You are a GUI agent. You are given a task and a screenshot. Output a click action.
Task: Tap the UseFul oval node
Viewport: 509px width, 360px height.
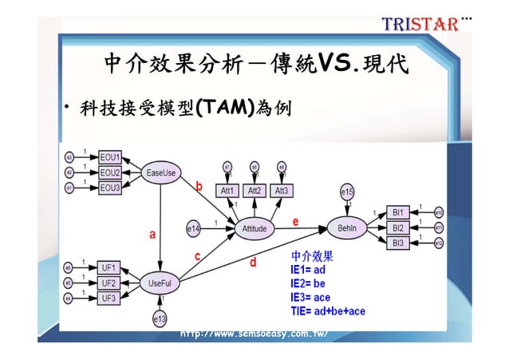tap(160, 283)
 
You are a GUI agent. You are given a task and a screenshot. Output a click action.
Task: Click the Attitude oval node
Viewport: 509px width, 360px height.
tap(254, 228)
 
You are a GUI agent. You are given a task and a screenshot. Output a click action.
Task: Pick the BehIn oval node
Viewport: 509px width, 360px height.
tap(347, 228)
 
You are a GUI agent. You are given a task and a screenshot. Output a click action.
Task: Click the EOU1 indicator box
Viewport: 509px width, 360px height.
tap(109, 157)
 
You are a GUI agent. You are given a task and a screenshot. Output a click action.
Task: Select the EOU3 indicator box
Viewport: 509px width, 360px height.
tap(109, 188)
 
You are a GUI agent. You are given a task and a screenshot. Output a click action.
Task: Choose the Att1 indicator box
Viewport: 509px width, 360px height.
tap(228, 191)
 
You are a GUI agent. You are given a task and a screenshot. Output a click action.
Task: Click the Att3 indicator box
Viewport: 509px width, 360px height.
tap(282, 191)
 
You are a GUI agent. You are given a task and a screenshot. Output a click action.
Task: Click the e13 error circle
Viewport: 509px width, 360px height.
tap(160, 318)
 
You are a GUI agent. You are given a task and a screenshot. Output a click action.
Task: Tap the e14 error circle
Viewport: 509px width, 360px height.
tap(195, 228)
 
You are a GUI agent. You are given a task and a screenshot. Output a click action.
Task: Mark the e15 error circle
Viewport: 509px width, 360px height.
tap(347, 192)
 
